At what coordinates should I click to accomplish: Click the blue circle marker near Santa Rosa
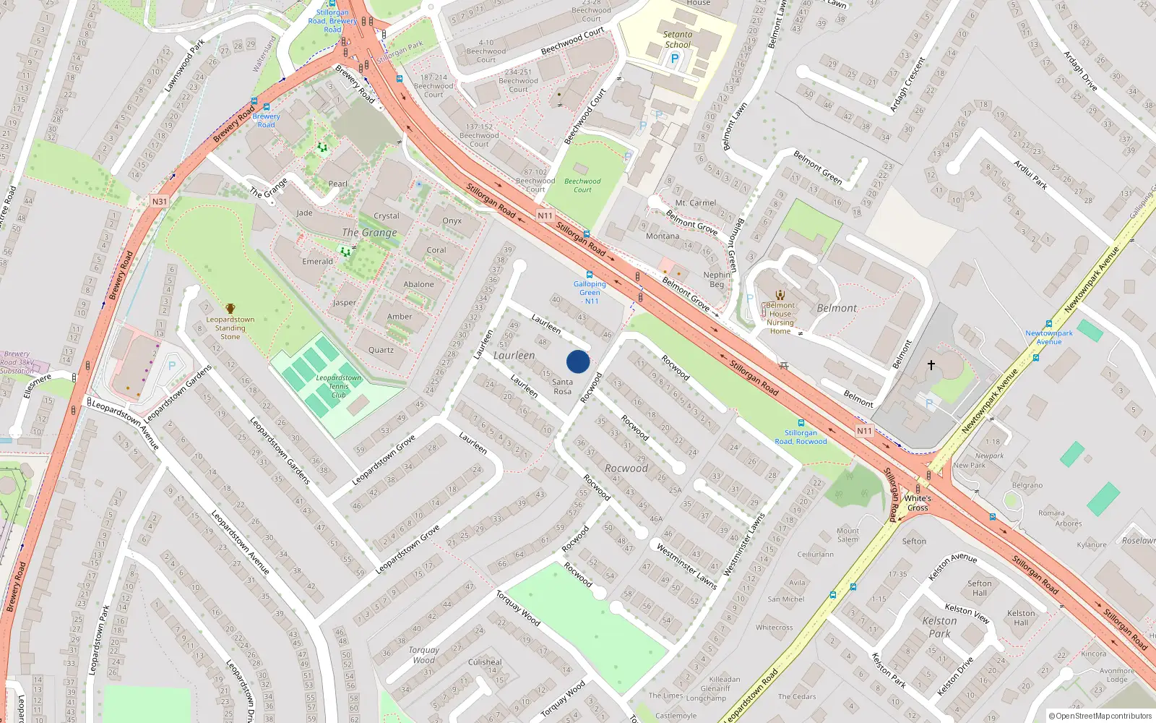(x=578, y=361)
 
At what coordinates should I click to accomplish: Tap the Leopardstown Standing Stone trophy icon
(x=230, y=309)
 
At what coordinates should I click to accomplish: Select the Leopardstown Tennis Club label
(x=338, y=386)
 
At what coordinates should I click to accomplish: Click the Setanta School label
(x=678, y=39)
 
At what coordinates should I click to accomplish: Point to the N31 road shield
(x=160, y=202)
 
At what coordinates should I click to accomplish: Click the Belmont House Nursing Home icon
(x=780, y=294)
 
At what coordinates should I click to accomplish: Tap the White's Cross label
(x=918, y=502)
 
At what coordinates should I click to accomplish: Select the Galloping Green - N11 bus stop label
(x=590, y=292)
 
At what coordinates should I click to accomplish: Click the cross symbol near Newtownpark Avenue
(x=931, y=365)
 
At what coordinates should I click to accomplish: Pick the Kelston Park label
(x=939, y=627)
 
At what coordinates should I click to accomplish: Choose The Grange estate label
(x=369, y=232)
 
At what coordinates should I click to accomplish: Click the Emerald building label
(x=318, y=261)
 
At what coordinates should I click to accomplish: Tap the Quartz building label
(x=381, y=350)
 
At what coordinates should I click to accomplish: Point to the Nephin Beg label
(x=717, y=279)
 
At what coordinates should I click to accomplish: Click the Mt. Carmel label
(x=696, y=203)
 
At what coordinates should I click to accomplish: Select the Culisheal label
(x=485, y=662)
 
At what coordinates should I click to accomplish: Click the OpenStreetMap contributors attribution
(x=1100, y=716)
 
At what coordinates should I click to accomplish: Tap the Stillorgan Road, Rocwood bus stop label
(x=801, y=437)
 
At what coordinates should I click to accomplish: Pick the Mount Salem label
(x=848, y=535)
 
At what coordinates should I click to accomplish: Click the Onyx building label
(x=452, y=221)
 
